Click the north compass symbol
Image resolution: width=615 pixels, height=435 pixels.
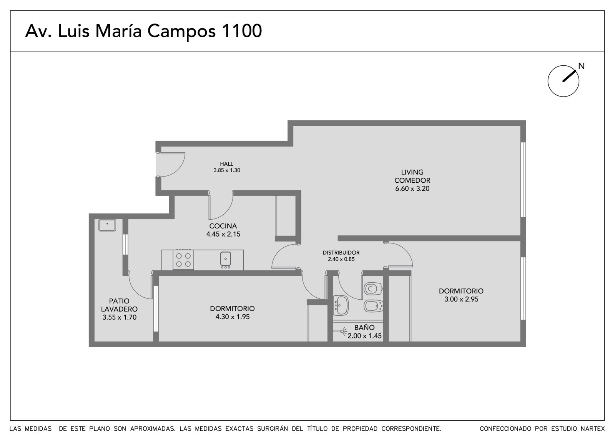pos(563,81)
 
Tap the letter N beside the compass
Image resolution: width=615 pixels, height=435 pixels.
pos(581,66)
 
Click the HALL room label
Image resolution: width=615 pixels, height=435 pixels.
pos(226,164)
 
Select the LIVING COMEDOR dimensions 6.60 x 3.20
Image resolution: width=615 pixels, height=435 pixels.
pos(412,188)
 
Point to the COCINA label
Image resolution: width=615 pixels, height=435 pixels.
pos(223,226)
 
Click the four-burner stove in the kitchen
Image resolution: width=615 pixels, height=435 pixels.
pos(183,259)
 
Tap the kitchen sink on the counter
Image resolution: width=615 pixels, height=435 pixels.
pos(225,259)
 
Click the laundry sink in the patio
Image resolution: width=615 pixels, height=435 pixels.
pos(107,225)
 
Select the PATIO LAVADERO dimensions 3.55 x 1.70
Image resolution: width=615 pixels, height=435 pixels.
pos(120,317)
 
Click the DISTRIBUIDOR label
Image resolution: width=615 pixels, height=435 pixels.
pos(341,253)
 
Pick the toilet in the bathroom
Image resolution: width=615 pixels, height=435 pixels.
pos(373,288)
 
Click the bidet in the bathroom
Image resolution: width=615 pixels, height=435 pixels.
pos(373,305)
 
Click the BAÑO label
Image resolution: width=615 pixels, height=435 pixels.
pos(364,328)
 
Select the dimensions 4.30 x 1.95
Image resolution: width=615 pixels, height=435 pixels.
pos(233,317)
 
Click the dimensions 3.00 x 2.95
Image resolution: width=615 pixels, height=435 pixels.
pos(461,299)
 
